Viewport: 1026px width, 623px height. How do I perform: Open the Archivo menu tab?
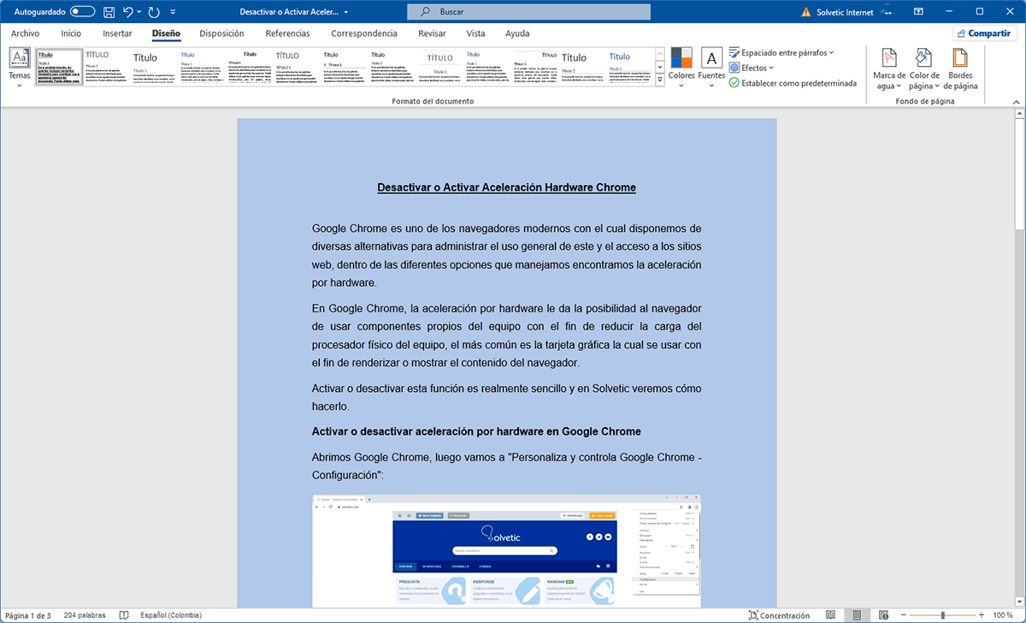coord(25,33)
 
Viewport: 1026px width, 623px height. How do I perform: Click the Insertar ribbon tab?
coord(117,33)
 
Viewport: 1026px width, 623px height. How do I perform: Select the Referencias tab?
coord(287,33)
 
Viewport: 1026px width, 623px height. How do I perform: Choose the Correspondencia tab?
coord(364,33)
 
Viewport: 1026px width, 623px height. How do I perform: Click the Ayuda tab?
coord(517,33)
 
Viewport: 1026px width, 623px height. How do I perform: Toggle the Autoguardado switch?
coord(82,12)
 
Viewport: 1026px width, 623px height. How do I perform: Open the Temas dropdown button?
coord(19,67)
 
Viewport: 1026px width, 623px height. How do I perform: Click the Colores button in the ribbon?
coord(681,67)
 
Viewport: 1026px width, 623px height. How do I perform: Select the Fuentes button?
coord(711,67)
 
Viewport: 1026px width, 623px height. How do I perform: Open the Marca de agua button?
coord(889,68)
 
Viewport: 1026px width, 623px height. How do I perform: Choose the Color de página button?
coord(924,68)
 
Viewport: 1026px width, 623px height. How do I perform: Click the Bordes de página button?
coord(960,68)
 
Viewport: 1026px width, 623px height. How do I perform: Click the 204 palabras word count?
coord(84,615)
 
